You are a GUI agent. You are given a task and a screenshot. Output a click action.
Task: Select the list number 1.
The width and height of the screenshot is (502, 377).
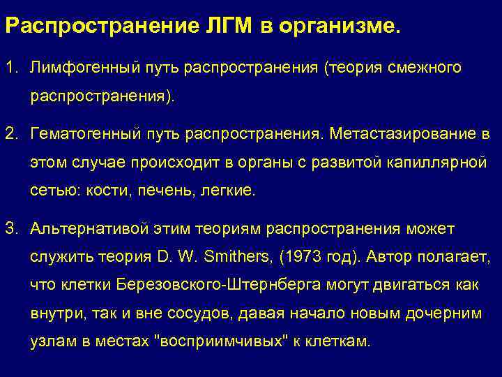[x=10, y=68]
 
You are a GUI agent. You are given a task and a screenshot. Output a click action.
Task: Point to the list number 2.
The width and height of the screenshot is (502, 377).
[x=10, y=133]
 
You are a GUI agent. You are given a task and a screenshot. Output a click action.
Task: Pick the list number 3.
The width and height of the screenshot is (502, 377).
[x=10, y=228]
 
